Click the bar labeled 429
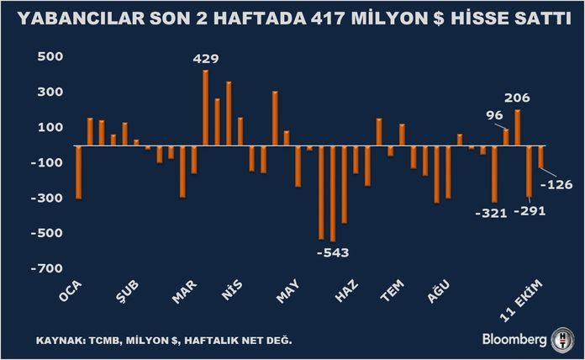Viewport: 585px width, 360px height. [x=206, y=108]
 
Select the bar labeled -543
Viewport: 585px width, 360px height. [x=333, y=193]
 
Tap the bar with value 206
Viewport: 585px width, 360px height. [x=518, y=128]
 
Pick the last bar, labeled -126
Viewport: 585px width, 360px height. [x=540, y=157]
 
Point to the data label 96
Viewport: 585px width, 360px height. [x=494, y=116]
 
